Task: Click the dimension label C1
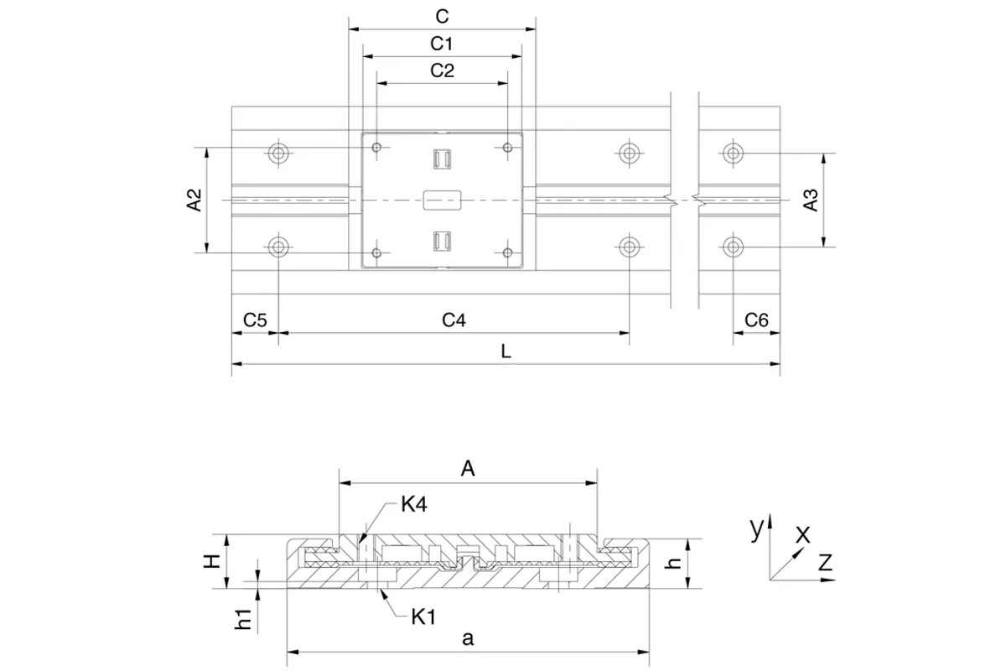pos(442,44)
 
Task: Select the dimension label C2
pos(443,70)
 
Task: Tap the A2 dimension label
pos(194,200)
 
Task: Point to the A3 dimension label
pos(811,200)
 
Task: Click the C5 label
pos(255,320)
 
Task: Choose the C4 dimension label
pos(454,320)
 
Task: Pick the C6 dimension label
pos(757,320)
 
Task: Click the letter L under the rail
pos(506,351)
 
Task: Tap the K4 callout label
pos(414,504)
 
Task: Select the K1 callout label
pos(423,617)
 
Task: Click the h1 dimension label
pos(243,619)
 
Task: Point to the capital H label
pos(211,561)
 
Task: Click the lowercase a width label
pos(468,638)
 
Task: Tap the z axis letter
pos(826,562)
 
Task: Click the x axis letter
pos(803,535)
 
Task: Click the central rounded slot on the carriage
pos(443,200)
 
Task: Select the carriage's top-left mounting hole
pos(376,148)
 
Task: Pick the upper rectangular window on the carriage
pos(443,159)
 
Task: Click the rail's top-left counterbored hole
pos(278,153)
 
